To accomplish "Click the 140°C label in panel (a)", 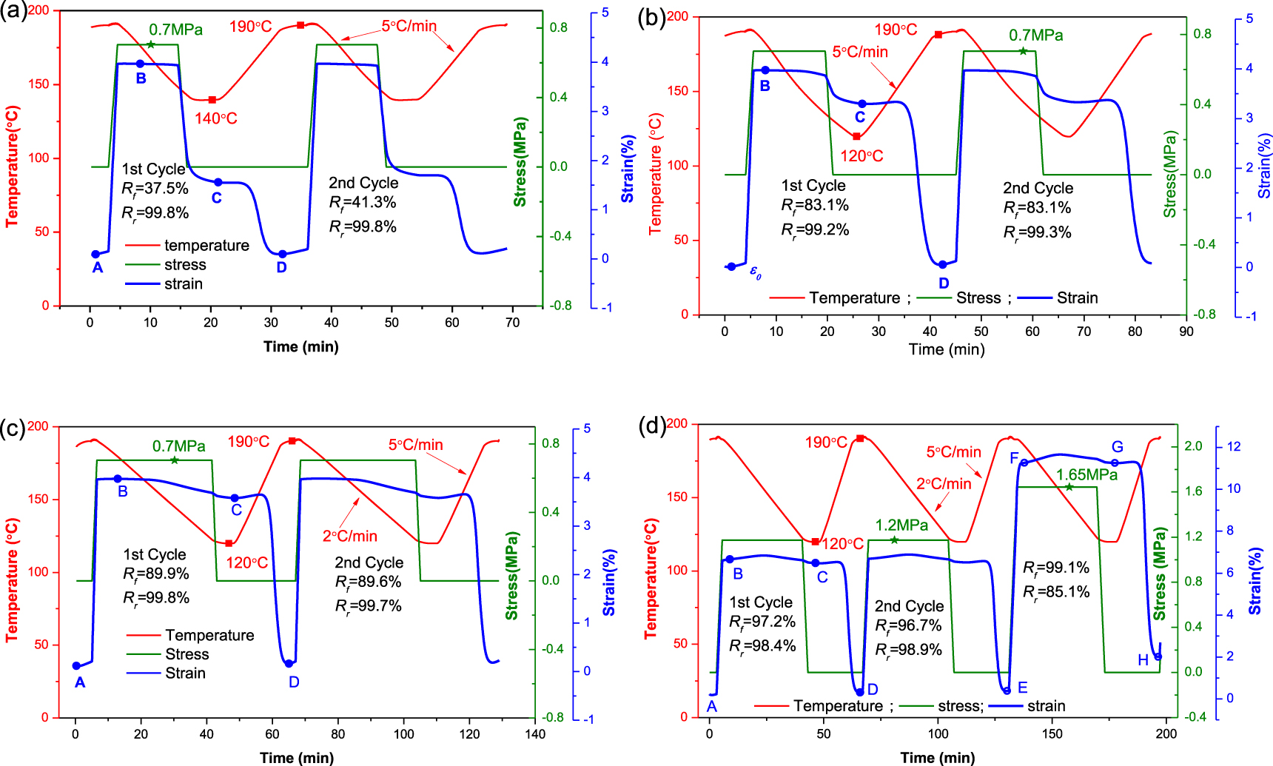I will [215, 118].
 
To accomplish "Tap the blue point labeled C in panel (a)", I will [218, 182].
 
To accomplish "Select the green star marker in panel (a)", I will [151, 45].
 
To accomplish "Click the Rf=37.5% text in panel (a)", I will [155, 189].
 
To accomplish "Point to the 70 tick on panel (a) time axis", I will [512, 323].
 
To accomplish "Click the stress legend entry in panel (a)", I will [185, 265].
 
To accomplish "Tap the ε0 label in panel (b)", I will [755, 272].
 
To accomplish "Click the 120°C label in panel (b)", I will [861, 156].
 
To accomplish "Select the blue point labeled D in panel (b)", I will [942, 265].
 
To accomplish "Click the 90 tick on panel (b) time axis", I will [1186, 332].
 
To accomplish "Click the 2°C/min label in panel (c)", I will [349, 536].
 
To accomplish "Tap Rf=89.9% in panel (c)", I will [156, 574].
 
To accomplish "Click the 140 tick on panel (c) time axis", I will [534, 734].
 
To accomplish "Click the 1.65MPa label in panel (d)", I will [1086, 474].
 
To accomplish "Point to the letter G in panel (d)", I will [1117, 447].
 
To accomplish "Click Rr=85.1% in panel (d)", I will [1056, 592].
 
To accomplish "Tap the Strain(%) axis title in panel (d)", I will [1255, 581].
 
